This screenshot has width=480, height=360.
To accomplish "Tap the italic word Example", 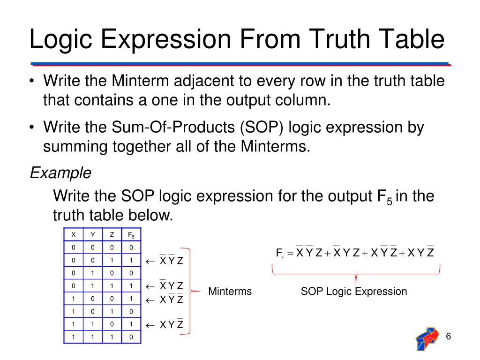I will [x=60, y=173].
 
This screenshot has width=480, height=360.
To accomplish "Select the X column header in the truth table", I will [x=73, y=234].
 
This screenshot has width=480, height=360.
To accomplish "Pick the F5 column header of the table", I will [x=131, y=235].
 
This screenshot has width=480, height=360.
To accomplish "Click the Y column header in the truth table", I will [x=92, y=234].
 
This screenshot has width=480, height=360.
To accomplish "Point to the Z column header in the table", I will [x=112, y=234].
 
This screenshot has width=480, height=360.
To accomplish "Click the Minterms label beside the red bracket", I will [x=230, y=292].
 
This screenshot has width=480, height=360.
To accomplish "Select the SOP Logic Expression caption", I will [x=354, y=292].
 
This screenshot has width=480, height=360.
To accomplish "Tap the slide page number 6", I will [x=449, y=337].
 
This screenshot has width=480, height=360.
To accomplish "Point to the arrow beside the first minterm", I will [x=150, y=261].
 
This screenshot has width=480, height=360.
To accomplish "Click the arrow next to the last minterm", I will [x=150, y=324].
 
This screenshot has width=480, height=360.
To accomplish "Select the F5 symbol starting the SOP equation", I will [x=280, y=254].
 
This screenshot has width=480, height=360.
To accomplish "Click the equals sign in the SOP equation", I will [x=290, y=254].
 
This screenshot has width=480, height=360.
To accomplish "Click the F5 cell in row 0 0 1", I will [x=131, y=260].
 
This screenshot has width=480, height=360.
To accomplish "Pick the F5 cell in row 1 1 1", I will [x=131, y=337].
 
